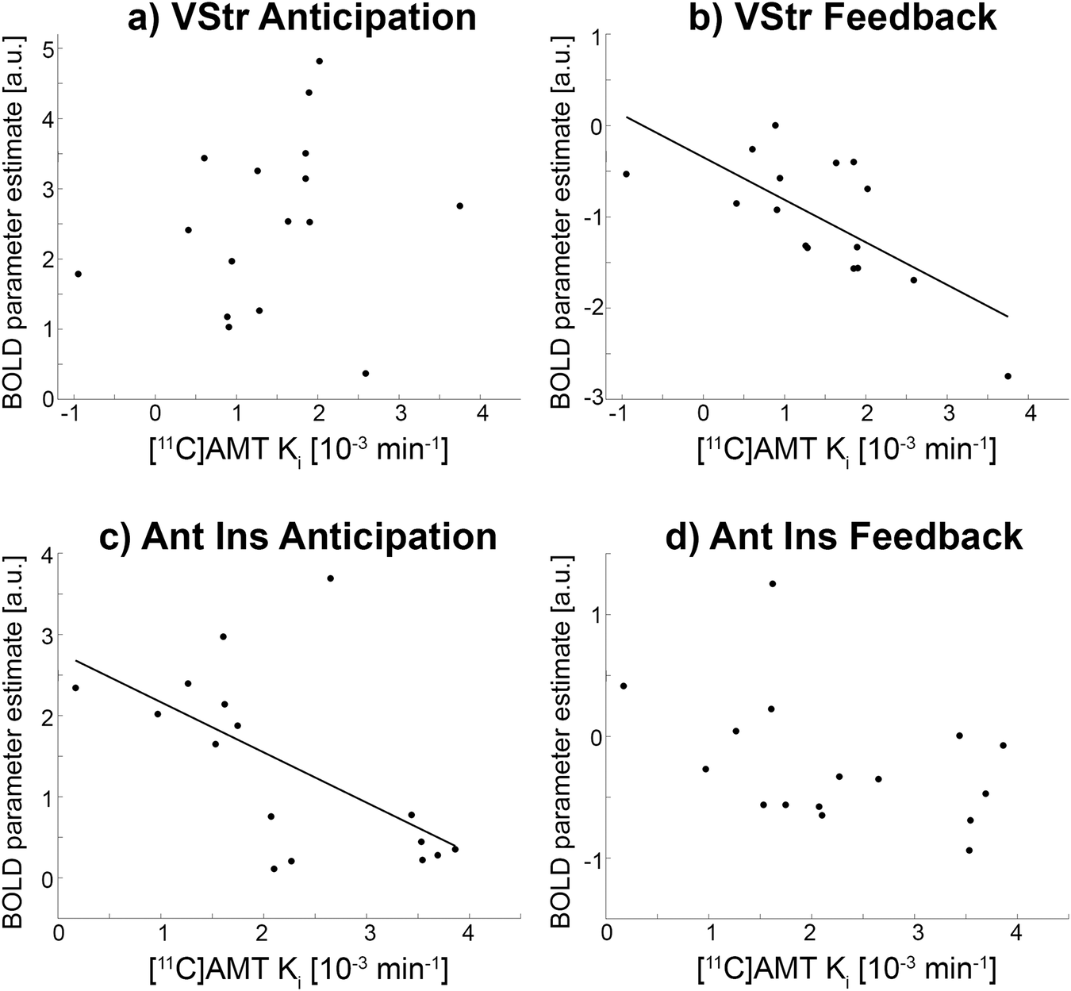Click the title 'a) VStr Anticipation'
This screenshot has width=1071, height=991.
(x=301, y=18)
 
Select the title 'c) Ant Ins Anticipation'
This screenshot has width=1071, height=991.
(x=298, y=537)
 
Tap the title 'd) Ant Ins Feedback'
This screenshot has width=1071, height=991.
(x=866, y=537)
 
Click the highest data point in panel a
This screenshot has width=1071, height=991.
(x=319, y=61)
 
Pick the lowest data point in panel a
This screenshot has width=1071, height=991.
(x=365, y=373)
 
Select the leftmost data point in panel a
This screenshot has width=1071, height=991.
(x=78, y=274)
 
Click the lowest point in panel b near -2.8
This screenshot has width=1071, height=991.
(x=1008, y=376)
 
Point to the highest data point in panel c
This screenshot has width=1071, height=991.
(x=330, y=578)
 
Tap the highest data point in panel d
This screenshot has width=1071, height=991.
(x=772, y=584)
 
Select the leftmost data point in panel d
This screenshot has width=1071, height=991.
(x=624, y=686)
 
